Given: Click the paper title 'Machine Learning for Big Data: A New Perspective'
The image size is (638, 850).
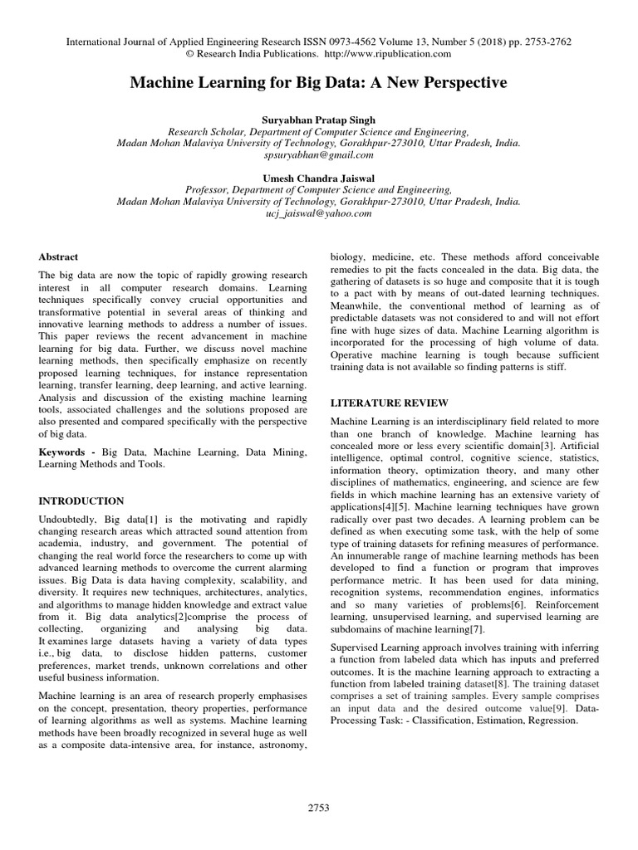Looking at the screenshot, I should coord(317,83).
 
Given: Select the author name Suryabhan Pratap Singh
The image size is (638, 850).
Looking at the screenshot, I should coord(318,119).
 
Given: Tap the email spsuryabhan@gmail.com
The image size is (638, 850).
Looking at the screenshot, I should coord(318,154).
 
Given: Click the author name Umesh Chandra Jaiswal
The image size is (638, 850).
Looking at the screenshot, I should coord(318,177).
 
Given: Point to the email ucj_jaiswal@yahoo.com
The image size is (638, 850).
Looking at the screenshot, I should coord(318,212).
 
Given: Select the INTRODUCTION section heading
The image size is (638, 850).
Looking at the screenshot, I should coord(81,501).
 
